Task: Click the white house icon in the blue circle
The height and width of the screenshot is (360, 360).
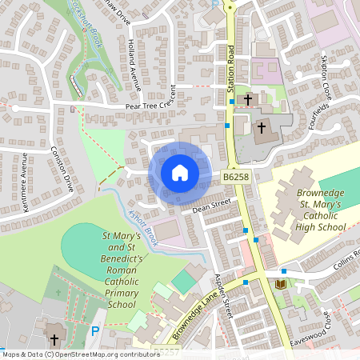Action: [x=180, y=172]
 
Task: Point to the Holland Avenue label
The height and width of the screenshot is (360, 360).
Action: [x=134, y=68]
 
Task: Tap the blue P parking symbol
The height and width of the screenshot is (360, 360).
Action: [x=96, y=331]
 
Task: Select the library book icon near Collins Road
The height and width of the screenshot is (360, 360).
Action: [x=280, y=284]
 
